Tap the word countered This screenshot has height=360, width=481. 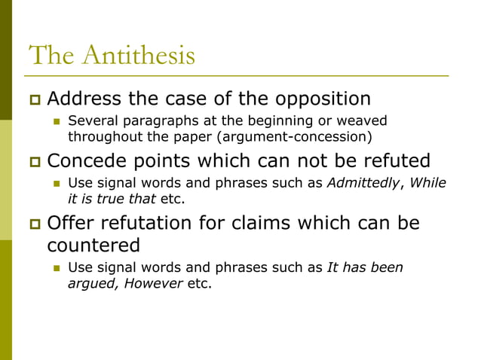point(93,246)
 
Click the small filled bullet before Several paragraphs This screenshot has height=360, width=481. point(55,121)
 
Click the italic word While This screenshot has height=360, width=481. point(427,183)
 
